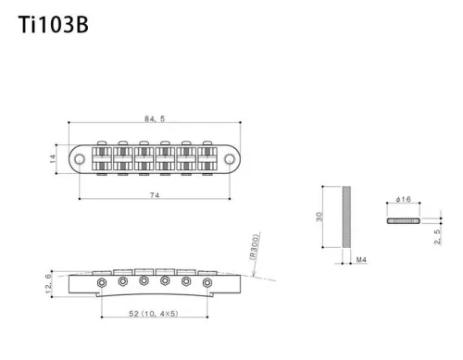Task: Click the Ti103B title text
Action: [54, 25]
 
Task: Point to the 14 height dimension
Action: [53, 158]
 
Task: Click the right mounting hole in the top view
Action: [228, 158]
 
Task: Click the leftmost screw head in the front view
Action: [100, 280]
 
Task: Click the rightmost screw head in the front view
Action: [206, 280]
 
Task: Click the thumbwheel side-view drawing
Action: [402, 221]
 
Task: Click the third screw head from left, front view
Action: [143, 280]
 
